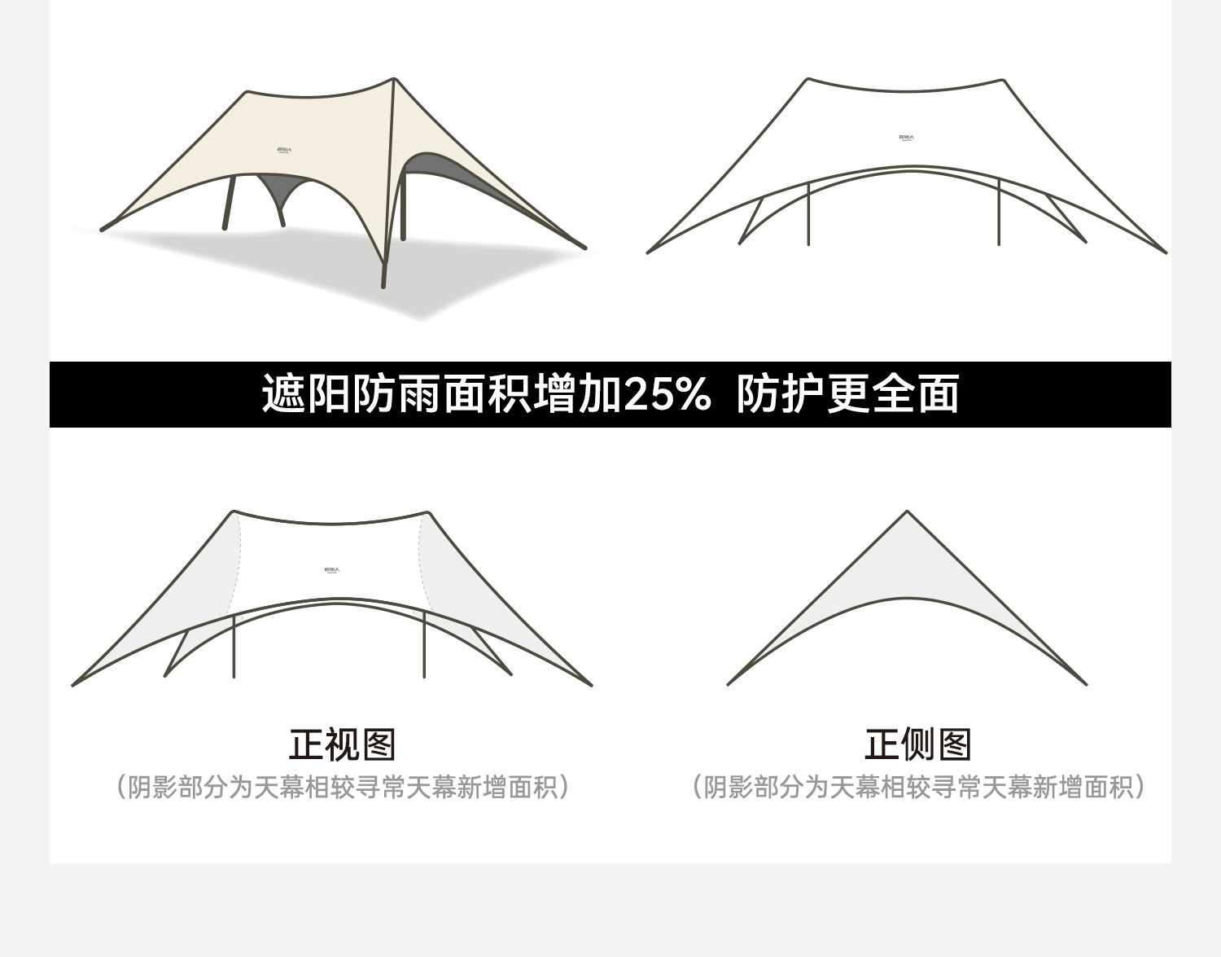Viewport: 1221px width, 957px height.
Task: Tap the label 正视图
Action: [x=342, y=744]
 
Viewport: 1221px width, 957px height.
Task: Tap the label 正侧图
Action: [x=917, y=744]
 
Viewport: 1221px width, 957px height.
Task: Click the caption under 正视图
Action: [x=342, y=788]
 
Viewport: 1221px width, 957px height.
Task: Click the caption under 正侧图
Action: [x=918, y=788]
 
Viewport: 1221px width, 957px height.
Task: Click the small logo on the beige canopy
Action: [x=284, y=150]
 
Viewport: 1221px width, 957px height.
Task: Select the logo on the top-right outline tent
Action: [x=906, y=138]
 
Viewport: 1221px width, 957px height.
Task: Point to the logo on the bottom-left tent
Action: [x=331, y=570]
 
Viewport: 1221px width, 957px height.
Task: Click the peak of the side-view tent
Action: [x=907, y=512]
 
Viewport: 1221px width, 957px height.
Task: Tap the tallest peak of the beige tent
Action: [x=394, y=80]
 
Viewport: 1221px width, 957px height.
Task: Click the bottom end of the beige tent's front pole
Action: [x=384, y=285]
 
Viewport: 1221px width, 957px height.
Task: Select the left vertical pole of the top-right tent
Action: [x=807, y=213]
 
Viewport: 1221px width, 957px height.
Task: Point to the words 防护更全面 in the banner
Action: [x=847, y=395]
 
